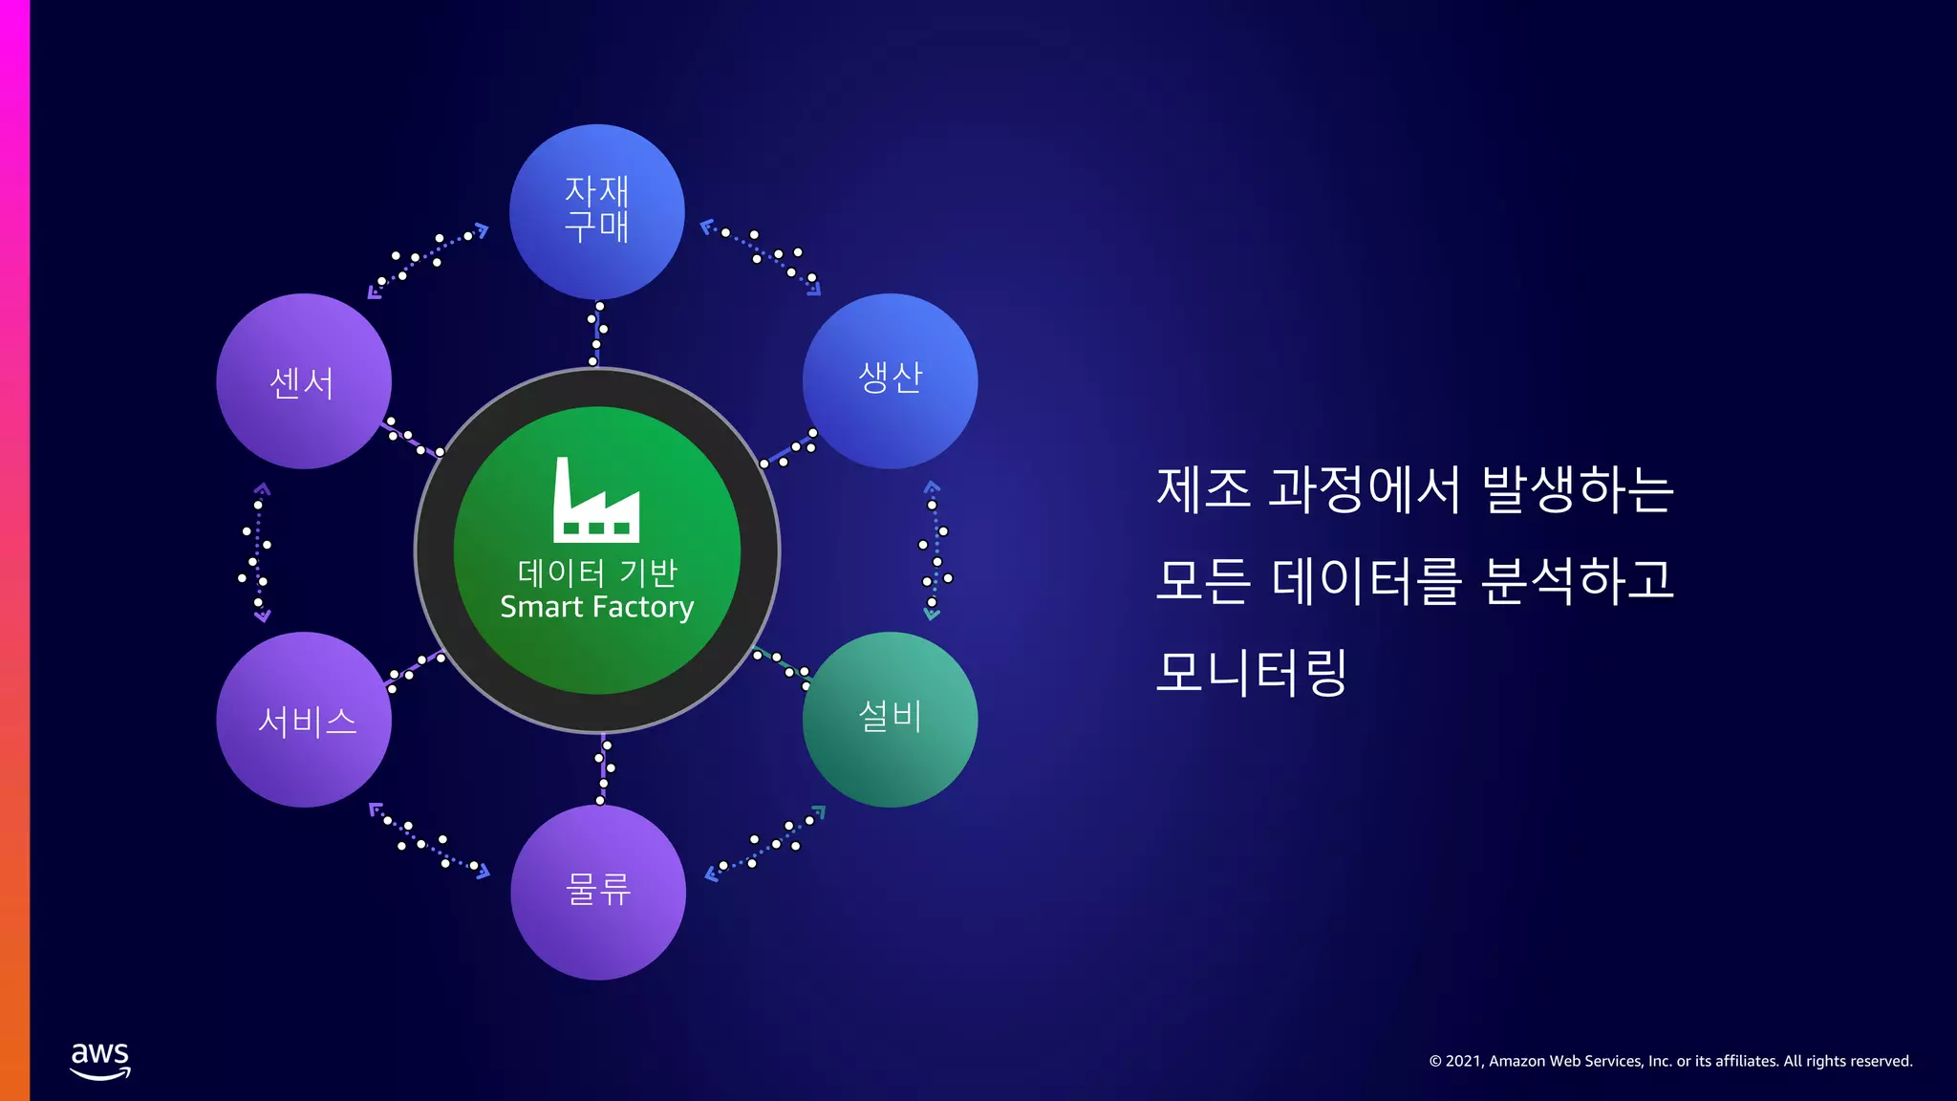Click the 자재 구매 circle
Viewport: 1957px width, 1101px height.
pyautogui.click(x=597, y=211)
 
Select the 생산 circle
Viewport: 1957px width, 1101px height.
pyautogui.click(x=890, y=380)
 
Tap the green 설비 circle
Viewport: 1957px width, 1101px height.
pyautogui.click(x=890, y=719)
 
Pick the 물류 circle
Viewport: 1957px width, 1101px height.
pyautogui.click(x=598, y=892)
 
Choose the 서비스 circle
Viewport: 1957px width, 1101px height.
pyautogui.click(x=304, y=720)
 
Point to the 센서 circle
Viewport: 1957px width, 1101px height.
pyautogui.click(x=304, y=381)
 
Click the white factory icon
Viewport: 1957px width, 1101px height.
pyautogui.click(x=596, y=501)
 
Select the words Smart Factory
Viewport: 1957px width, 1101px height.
pyautogui.click(x=597, y=607)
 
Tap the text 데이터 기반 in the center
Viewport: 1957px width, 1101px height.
pyautogui.click(x=597, y=572)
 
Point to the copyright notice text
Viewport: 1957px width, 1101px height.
pyautogui.click(x=1670, y=1061)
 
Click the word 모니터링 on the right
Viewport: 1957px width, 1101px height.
pyautogui.click(x=1251, y=671)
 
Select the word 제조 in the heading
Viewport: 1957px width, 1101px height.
pyautogui.click(x=1203, y=488)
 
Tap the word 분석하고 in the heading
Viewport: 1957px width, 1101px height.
pyautogui.click(x=1578, y=580)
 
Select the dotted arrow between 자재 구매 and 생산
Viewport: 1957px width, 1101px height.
pyautogui.click(x=762, y=256)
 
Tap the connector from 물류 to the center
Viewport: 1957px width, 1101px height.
pyautogui.click(x=603, y=768)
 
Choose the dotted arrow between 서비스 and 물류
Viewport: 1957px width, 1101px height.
pyautogui.click(x=428, y=841)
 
